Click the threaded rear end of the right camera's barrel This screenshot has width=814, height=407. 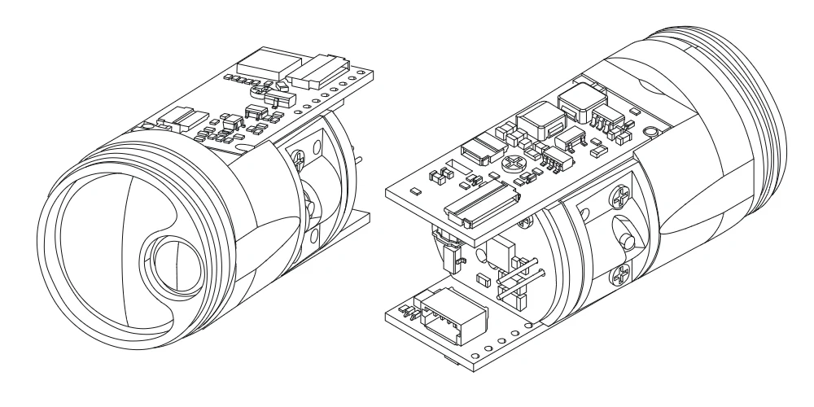(765, 114)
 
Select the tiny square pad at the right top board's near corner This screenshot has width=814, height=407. (414, 191)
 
